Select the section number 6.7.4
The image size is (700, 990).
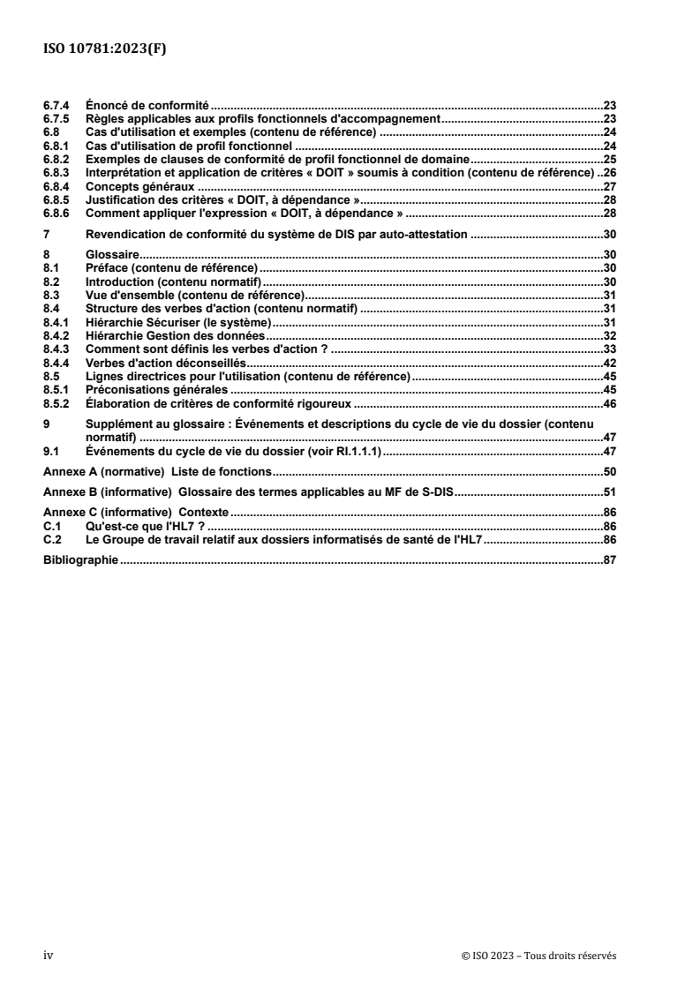(x=58, y=104)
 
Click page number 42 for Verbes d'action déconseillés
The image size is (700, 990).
(x=609, y=364)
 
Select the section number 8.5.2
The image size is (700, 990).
(x=58, y=402)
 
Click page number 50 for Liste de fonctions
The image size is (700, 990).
(x=609, y=472)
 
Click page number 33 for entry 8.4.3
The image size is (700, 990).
(x=609, y=350)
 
